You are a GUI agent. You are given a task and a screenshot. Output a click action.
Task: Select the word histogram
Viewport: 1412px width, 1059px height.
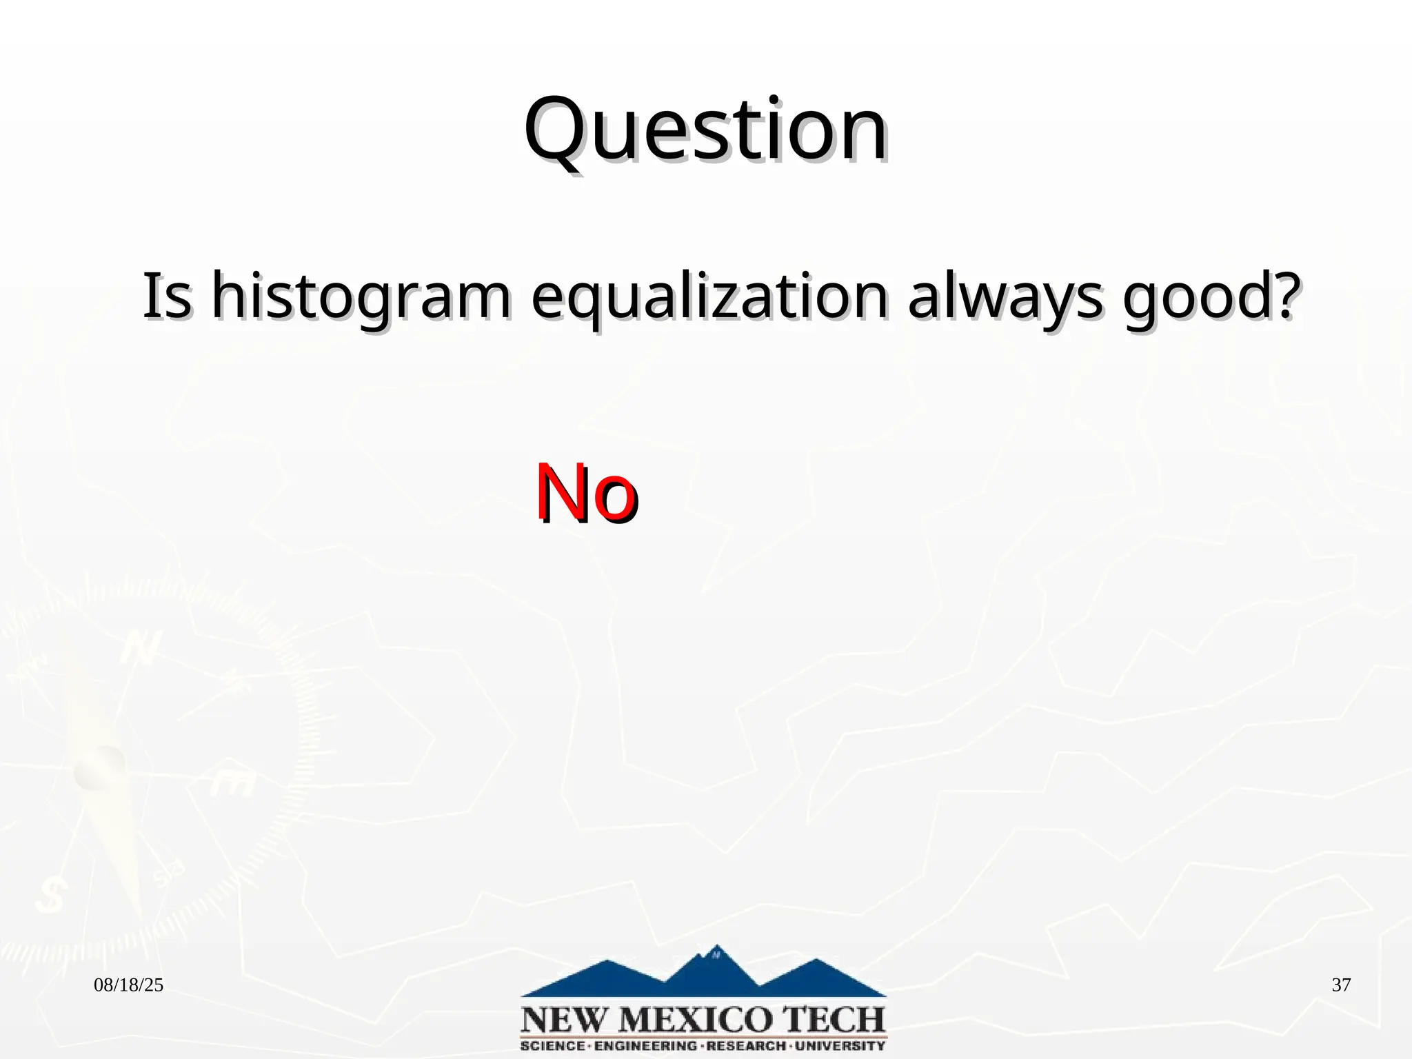tap(361, 298)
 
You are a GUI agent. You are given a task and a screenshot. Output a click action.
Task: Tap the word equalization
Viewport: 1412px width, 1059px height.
tap(709, 298)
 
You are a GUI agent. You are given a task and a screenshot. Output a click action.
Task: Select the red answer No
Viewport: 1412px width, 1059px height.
tap(586, 492)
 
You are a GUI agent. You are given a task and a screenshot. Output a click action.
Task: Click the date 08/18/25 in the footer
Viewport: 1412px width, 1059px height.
tap(128, 985)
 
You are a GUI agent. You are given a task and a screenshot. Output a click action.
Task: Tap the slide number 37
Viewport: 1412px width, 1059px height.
tap(1341, 985)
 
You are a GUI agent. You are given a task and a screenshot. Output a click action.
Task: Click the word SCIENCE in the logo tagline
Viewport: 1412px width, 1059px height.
tap(552, 1046)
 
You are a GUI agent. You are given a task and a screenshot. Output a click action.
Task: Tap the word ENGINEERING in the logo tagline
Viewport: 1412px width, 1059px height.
tap(645, 1046)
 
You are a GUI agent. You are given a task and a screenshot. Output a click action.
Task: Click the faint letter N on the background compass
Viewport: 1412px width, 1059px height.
tap(142, 648)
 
